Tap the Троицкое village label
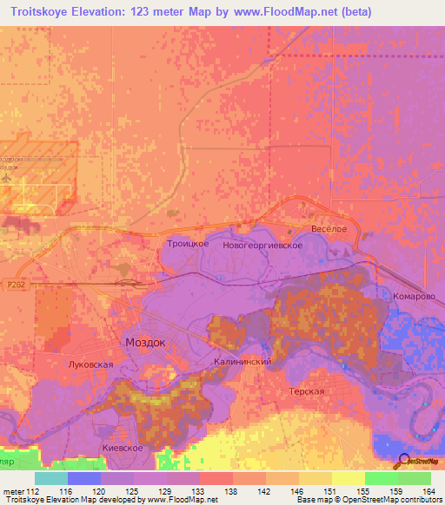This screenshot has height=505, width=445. pyautogui.click(x=187, y=246)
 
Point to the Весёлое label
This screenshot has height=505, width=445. pyautogui.click(x=329, y=228)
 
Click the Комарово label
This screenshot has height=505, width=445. pyautogui.click(x=413, y=296)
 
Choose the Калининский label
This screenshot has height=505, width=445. pyautogui.click(x=243, y=361)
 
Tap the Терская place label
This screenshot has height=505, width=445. pyautogui.click(x=307, y=391)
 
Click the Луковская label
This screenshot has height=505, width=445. pyautogui.click(x=90, y=365)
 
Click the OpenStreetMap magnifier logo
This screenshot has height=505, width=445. pyautogui.click(x=404, y=462)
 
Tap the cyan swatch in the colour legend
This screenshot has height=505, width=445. pyautogui.click(x=50, y=478)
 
